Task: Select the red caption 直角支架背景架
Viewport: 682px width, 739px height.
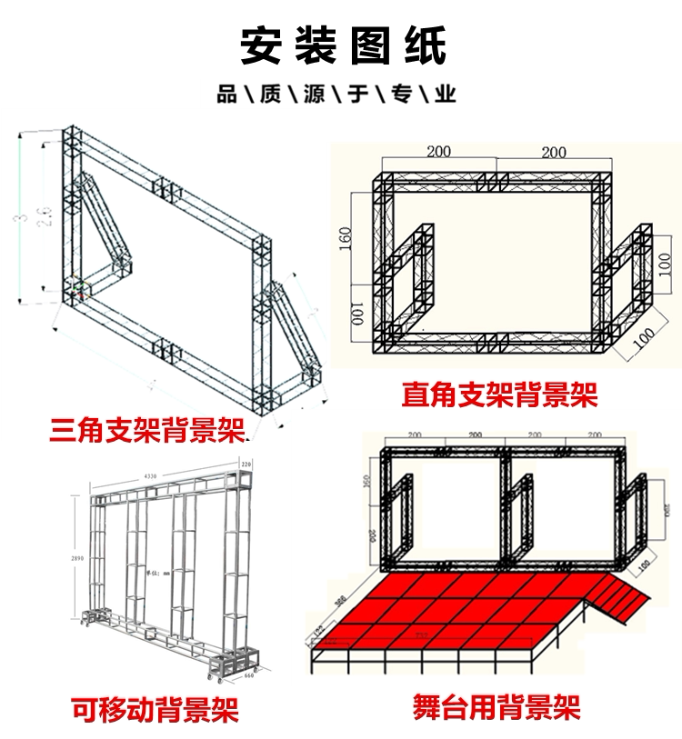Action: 499,394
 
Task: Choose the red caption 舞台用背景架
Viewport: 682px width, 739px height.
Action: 496,707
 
